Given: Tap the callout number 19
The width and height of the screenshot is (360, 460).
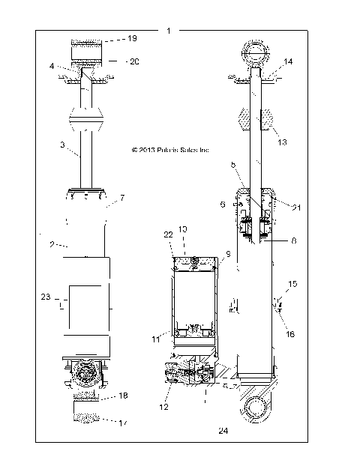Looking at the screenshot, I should coord(132,37).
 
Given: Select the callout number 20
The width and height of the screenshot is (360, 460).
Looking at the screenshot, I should coord(134,61).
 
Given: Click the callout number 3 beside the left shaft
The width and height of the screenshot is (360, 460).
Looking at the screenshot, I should coord(63,145).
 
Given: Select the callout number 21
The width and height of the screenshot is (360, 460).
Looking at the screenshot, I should coord(297,207).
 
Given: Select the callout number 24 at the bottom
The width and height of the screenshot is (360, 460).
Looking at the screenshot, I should coord(223,431).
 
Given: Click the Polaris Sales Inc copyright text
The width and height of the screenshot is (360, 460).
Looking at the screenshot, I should coord(169,150).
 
